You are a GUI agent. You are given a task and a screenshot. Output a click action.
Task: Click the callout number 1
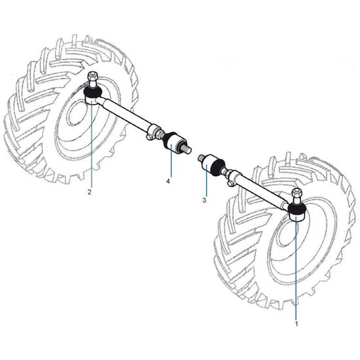pos(297,324)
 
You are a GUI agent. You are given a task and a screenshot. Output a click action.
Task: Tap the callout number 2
pos(89,192)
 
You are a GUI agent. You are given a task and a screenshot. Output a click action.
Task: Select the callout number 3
pos(204,200)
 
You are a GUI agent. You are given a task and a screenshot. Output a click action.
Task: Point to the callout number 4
pos(168,181)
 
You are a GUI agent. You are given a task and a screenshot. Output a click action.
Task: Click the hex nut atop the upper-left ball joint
pos(92,75)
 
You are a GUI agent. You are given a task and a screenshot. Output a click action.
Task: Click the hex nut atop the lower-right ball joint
pos(296,192)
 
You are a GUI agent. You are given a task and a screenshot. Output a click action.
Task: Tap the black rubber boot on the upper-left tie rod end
pos(93,92)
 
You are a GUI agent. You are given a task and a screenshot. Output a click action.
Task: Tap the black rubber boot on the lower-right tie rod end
pos(297,208)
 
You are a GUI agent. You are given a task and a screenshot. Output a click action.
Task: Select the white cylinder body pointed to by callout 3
pos(207,164)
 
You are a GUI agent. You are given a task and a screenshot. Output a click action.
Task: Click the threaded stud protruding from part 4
pos(187,149)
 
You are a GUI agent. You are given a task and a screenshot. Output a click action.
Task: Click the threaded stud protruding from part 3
pos(202,158)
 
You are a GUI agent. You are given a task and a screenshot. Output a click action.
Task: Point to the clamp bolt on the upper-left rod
pos(149,137)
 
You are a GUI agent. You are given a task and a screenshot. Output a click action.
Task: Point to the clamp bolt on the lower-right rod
pos(231,183)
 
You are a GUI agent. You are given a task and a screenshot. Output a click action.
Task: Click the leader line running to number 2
pos(92,144)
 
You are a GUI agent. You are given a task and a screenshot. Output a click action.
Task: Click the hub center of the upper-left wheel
pos(78,113)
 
